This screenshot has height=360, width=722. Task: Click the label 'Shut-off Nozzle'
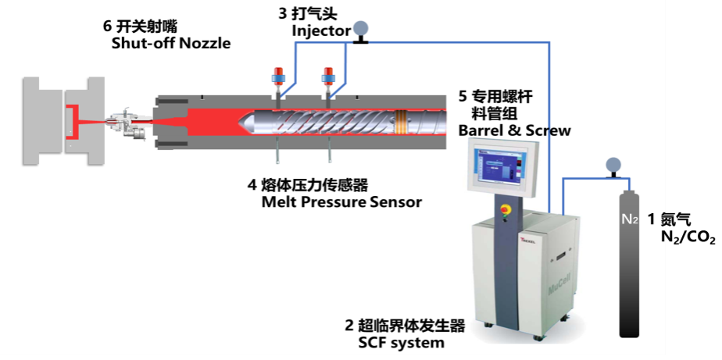point(171,44)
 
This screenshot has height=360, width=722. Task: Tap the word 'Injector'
point(321,31)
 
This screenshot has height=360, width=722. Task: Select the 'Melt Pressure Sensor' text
point(341,202)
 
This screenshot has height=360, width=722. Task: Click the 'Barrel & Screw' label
point(514,130)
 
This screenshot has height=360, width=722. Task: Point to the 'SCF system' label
point(401,343)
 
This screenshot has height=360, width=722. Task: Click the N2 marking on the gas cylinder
point(629,219)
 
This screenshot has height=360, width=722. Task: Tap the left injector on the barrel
point(278,80)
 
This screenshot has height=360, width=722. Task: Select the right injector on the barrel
point(330,80)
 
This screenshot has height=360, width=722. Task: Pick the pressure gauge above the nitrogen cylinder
point(613,166)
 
